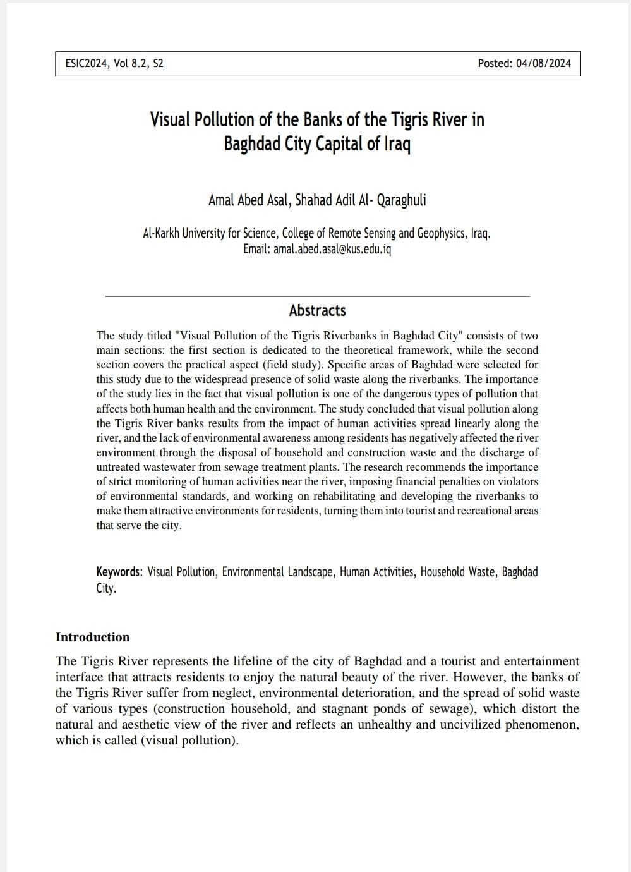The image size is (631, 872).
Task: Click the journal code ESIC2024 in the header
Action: [87, 63]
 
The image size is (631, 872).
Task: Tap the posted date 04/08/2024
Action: [543, 63]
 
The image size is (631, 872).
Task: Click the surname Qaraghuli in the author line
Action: [401, 200]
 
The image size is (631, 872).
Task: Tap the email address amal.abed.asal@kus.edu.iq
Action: [332, 249]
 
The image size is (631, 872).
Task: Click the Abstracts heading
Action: [317, 310]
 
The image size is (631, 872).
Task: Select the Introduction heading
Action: [92, 637]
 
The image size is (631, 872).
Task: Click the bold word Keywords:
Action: [119, 572]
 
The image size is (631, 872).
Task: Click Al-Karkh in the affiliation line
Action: [161, 233]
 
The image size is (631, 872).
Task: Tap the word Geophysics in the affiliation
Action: [441, 233]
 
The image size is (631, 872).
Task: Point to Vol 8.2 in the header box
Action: [130, 63]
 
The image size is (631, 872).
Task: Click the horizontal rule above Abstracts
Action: [317, 296]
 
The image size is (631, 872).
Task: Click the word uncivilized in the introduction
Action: [459, 724]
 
